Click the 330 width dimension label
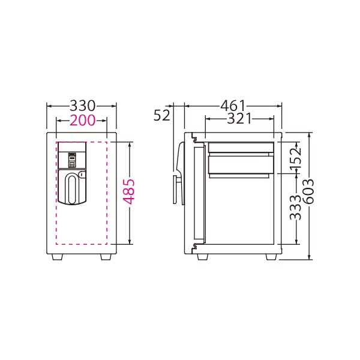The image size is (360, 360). click(82, 106)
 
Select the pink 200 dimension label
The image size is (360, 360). click(82, 120)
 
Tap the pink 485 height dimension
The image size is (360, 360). click(129, 192)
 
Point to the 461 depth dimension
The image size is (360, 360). click(233, 106)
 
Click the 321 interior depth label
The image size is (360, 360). click(239, 119)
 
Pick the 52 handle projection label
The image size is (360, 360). click(161, 115)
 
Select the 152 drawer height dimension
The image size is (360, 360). click(295, 158)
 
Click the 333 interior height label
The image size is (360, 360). click(295, 208)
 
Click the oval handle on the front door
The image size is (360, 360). click(72, 189)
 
